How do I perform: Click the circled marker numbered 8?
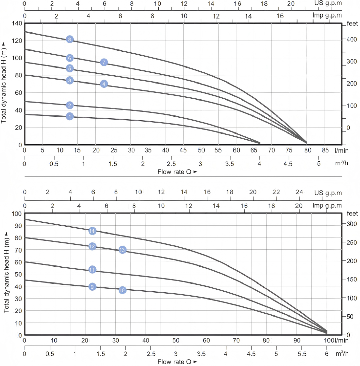pyautogui.click(x=70, y=39)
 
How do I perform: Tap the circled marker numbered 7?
pyautogui.click(x=104, y=62)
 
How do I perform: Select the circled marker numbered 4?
pyautogui.click(x=104, y=84)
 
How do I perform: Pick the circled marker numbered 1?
pyautogui.click(x=70, y=117)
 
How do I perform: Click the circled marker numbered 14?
pyautogui.click(x=92, y=231)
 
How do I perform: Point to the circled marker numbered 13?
pyautogui.click(x=122, y=250)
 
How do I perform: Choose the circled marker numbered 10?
pyautogui.click(x=122, y=290)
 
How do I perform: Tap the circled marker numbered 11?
pyautogui.click(x=92, y=270)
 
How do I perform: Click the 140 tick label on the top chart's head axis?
pyautogui.click(x=17, y=24)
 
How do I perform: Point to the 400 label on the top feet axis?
pyautogui.click(x=352, y=39)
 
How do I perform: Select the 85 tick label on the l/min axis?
pyautogui.click(x=325, y=150)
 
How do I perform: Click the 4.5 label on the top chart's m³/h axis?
pyautogui.click(x=288, y=164)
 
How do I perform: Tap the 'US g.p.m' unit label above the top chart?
pyautogui.click(x=328, y=3)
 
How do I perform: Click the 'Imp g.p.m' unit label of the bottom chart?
pyautogui.click(x=327, y=205)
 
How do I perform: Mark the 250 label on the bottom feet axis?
pyautogui.click(x=352, y=243)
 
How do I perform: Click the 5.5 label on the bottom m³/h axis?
pyautogui.click(x=302, y=354)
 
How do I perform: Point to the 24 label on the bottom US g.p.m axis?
pyautogui.click(x=299, y=192)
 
